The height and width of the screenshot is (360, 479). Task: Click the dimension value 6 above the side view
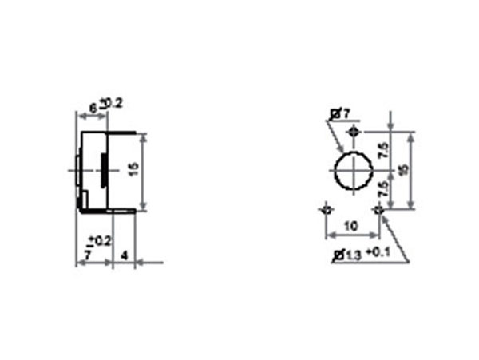(92, 106)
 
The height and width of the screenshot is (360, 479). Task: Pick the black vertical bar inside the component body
(102, 169)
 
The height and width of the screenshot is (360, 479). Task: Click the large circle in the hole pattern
(352, 170)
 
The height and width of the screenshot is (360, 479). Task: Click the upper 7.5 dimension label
(384, 150)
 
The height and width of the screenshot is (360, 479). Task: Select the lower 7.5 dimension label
(384, 190)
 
